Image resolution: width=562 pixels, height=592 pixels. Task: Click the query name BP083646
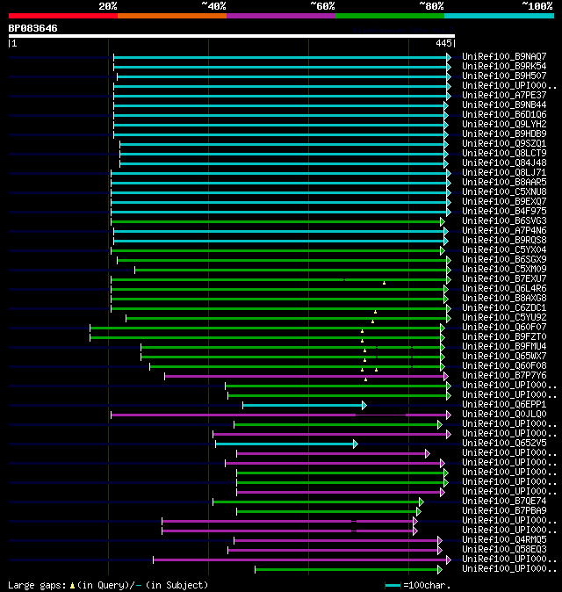(x=33, y=28)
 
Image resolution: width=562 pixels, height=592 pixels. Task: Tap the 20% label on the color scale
(x=108, y=5)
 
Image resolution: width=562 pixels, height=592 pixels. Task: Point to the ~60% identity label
(x=322, y=5)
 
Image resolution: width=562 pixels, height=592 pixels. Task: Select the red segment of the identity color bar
(x=62, y=15)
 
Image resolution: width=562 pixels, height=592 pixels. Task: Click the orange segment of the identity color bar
(x=171, y=15)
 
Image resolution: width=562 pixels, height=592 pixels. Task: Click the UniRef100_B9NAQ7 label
(x=504, y=57)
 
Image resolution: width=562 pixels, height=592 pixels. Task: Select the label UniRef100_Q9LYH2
(x=504, y=125)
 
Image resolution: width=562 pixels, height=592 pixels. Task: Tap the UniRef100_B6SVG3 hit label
(x=504, y=221)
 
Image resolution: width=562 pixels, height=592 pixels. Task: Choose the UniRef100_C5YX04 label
(x=504, y=250)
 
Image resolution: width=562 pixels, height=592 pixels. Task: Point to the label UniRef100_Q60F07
(x=504, y=328)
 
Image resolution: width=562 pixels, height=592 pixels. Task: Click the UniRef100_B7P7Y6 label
(x=504, y=376)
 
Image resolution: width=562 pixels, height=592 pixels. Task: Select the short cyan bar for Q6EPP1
(x=303, y=405)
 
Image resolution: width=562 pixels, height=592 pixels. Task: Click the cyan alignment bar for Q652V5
(x=285, y=444)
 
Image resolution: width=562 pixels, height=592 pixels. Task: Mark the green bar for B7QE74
(x=316, y=502)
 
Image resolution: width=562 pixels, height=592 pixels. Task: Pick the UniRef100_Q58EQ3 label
(x=504, y=550)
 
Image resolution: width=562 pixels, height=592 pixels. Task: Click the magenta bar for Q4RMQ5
(x=337, y=540)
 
